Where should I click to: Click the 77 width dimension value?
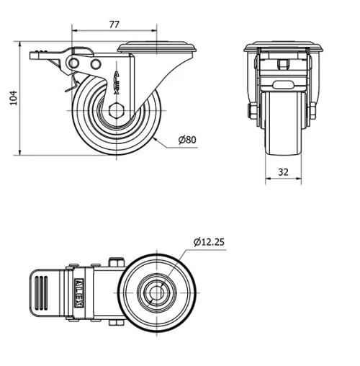[x=114, y=24]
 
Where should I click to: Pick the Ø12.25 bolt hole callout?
[x=209, y=242]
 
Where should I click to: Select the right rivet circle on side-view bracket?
[x=96, y=66]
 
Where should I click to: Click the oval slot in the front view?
[x=282, y=83]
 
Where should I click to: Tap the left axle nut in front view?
[x=252, y=111]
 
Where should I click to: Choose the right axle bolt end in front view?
[x=312, y=111]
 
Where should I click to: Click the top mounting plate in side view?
[x=154, y=48]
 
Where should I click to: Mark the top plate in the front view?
[x=282, y=48]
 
